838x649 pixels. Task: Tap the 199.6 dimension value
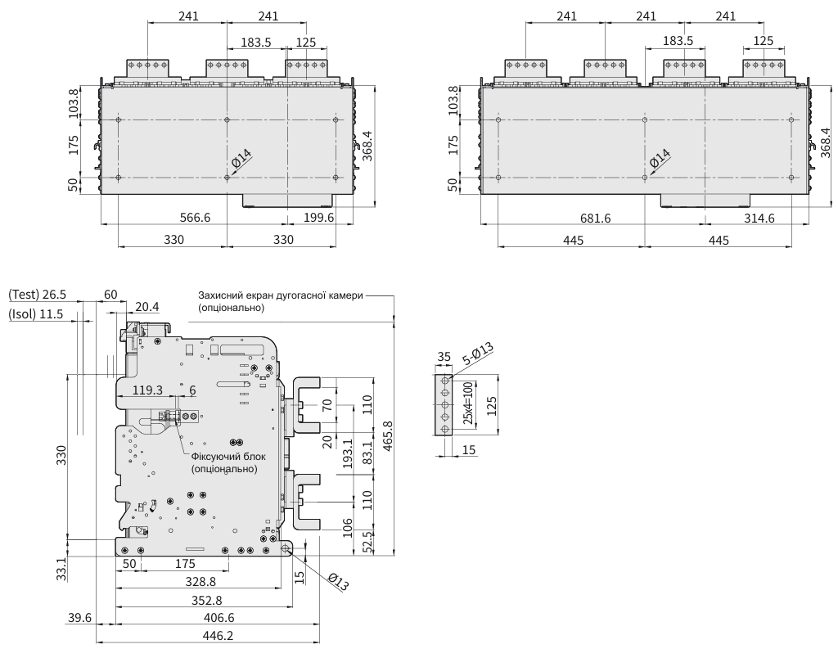(x=319, y=217)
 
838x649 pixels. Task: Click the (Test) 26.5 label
(x=37, y=295)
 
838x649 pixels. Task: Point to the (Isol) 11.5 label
(x=37, y=313)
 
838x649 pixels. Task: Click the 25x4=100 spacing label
(x=467, y=404)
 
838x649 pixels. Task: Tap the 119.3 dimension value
(x=147, y=390)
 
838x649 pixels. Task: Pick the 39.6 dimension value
(x=80, y=619)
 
